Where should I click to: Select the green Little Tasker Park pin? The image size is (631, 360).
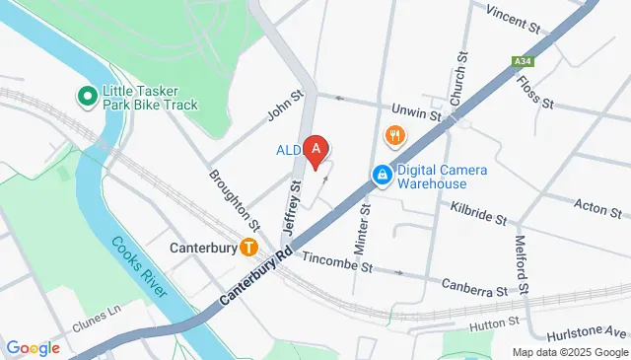[x=87, y=96]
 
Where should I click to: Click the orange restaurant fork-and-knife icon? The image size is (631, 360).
[x=395, y=135]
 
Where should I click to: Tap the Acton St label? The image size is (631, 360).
[x=596, y=206]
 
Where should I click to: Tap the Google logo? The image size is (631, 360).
[x=33, y=347]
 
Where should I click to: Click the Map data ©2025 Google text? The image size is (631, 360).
[x=569, y=352]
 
